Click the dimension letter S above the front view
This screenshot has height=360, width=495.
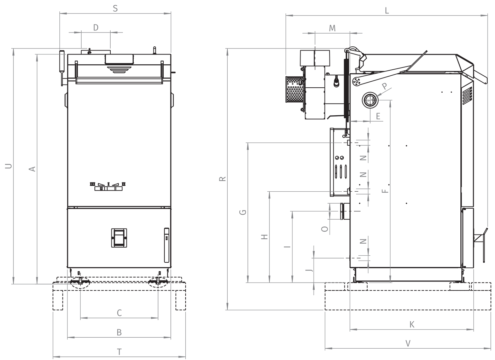[115, 8]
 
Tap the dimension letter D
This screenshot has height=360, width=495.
[96, 28]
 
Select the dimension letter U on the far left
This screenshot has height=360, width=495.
[8, 166]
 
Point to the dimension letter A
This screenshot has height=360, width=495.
[32, 169]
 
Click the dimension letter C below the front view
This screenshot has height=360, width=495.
[120, 313]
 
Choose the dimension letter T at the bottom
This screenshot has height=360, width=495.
[120, 352]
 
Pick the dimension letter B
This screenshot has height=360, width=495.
[119, 332]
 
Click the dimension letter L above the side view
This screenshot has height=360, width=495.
[387, 10]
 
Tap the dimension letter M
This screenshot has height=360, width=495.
[332, 28]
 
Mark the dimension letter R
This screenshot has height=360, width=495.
[222, 179]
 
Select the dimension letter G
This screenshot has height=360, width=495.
[243, 212]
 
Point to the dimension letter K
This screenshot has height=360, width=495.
[412, 325]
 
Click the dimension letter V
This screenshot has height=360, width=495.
[408, 343]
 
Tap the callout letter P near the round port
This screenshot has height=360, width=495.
[385, 86]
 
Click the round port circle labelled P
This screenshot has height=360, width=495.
[370, 100]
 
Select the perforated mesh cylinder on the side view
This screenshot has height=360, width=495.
[295, 89]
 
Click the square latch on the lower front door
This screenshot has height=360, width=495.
[119, 238]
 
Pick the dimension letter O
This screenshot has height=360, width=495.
[325, 229]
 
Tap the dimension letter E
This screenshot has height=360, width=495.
[378, 116]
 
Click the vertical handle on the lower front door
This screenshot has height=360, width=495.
[167, 245]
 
